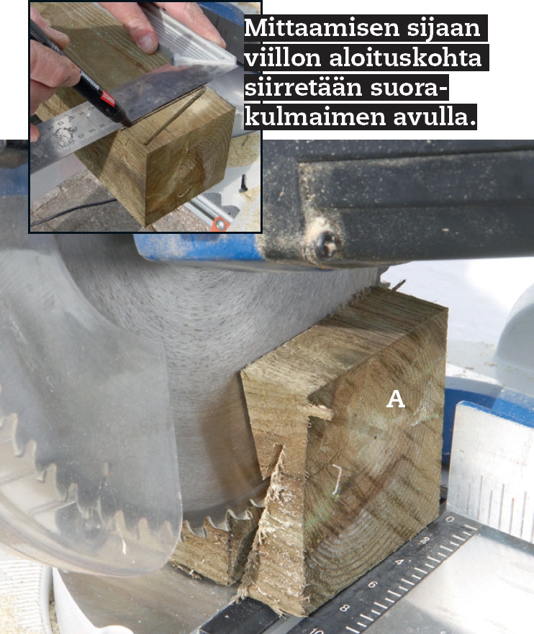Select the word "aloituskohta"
(x=405, y=58)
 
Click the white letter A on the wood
(x=395, y=399)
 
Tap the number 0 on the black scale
(x=451, y=519)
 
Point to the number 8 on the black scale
(x=345, y=607)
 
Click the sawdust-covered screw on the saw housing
(x=326, y=243)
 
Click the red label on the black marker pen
(x=108, y=97)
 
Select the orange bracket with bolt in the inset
(x=221, y=224)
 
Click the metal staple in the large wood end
(x=336, y=479)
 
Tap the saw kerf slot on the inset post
(x=174, y=117)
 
